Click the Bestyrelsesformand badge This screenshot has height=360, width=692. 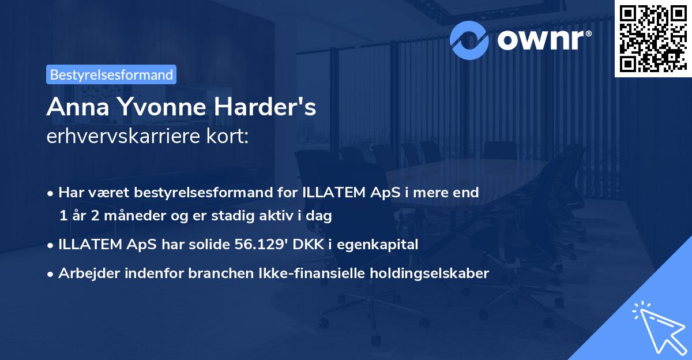tap(111, 74)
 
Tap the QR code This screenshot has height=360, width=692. tap(653, 38)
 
